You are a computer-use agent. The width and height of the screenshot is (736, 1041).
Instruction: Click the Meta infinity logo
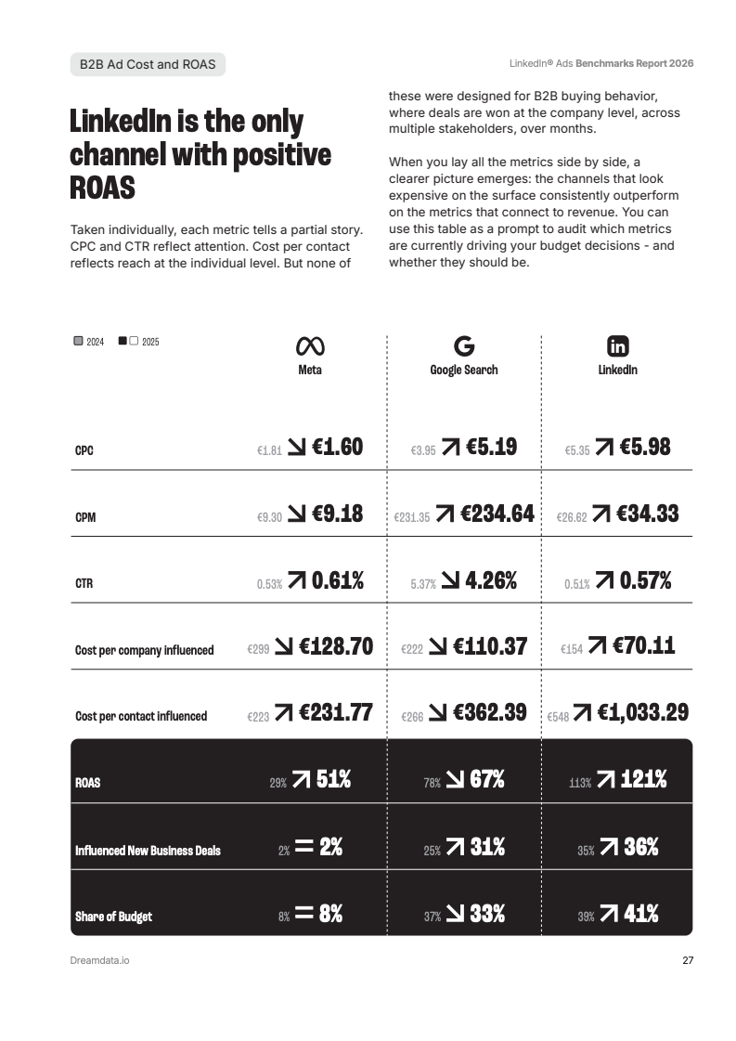click(x=309, y=346)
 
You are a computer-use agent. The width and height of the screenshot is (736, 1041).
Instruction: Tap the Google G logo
click(x=464, y=346)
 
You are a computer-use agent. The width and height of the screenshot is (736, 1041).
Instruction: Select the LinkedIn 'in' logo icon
click(x=617, y=346)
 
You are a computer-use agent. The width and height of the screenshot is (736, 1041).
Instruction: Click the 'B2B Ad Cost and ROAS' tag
click(x=148, y=64)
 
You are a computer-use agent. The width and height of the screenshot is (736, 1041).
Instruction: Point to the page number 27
click(x=688, y=960)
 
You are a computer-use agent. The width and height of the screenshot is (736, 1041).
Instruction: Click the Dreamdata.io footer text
click(x=99, y=960)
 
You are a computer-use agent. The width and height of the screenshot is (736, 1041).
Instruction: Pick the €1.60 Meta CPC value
click(x=337, y=448)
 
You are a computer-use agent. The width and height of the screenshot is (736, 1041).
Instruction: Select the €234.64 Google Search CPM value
click(x=497, y=514)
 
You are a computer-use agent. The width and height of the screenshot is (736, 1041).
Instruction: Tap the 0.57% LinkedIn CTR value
click(x=645, y=581)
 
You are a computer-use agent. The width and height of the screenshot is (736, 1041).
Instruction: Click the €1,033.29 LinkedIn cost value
click(x=643, y=713)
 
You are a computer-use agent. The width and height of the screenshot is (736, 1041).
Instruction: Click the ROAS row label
click(x=87, y=783)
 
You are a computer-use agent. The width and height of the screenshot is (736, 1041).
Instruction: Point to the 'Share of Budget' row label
click(x=113, y=917)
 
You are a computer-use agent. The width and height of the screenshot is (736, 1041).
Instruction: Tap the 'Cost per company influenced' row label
click(x=144, y=650)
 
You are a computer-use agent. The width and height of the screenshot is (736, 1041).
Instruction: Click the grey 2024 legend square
click(x=78, y=341)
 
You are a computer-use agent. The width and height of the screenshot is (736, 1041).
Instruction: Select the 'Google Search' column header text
click(x=463, y=370)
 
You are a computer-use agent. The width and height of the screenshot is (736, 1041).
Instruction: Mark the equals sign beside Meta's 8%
click(x=303, y=914)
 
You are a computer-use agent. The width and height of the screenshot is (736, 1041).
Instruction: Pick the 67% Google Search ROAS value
click(x=487, y=780)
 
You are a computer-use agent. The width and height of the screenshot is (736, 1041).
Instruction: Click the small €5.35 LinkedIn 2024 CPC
click(x=576, y=450)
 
